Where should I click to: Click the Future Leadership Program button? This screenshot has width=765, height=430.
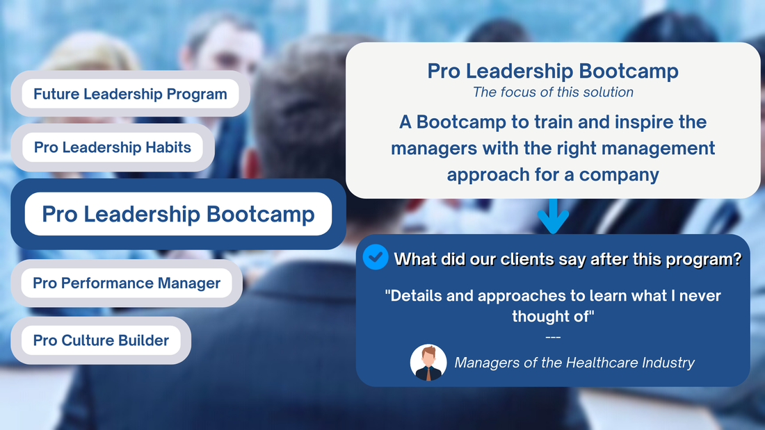click(130, 94)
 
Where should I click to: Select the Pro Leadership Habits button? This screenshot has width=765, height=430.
click(113, 147)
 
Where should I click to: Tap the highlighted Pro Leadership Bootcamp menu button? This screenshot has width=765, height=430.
click(178, 214)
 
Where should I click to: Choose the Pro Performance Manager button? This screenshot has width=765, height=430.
click(127, 283)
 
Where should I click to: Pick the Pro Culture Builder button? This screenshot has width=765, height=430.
click(101, 340)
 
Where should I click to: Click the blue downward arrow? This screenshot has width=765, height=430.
click(553, 216)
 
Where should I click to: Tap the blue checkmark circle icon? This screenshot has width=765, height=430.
click(376, 257)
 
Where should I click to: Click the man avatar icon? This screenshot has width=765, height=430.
click(428, 363)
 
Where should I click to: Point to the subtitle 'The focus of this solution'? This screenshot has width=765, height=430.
click(553, 92)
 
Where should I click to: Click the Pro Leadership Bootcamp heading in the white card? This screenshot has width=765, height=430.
click(553, 71)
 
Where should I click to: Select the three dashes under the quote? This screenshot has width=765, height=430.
click(553, 337)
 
